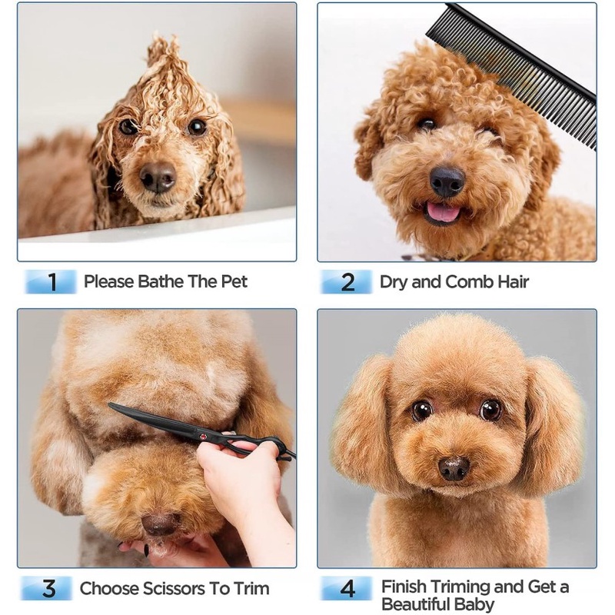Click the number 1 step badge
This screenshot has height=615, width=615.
click(x=51, y=281)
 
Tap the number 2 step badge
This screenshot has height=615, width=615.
click(x=347, y=281)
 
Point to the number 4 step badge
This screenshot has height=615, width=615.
click(x=347, y=588)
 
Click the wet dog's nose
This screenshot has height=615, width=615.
click(x=158, y=177)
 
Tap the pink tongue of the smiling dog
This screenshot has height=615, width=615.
click(x=444, y=212)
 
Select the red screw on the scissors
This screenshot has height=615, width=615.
click(x=203, y=437)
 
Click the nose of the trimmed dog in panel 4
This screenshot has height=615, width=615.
click(x=454, y=468)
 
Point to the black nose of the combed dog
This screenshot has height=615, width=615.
click(x=447, y=181)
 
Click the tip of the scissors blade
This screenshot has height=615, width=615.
click(x=109, y=404)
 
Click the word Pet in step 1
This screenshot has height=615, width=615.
click(x=234, y=281)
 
